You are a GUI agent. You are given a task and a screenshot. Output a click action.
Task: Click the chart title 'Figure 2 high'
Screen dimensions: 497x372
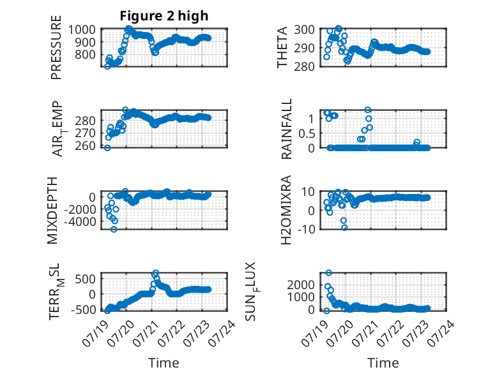[x=164, y=16]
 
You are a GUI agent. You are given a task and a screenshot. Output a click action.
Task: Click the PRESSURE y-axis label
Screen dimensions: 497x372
[x=56, y=47]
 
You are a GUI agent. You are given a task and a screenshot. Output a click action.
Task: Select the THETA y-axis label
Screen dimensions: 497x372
[x=282, y=47]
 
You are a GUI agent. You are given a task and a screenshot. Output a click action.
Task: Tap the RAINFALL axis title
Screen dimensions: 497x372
[x=286, y=129]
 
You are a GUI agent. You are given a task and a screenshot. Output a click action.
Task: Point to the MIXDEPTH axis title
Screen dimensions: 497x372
[x=52, y=210]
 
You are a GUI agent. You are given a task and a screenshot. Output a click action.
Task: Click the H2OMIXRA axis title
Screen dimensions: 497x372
[x=286, y=210]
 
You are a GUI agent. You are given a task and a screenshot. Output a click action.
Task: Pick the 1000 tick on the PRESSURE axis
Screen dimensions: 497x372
[x=82, y=29]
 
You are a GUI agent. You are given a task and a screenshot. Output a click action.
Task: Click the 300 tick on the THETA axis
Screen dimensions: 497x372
[x=304, y=29]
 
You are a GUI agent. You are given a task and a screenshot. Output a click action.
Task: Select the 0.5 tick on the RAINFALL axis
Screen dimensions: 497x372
[x=307, y=133]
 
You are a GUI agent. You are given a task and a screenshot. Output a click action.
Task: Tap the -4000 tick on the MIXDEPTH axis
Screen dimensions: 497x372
[x=80, y=221]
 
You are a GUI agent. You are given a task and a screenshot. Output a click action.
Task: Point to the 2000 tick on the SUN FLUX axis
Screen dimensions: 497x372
[x=301, y=285]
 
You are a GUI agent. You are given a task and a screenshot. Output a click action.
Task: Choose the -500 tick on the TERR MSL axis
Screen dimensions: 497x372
[x=83, y=309]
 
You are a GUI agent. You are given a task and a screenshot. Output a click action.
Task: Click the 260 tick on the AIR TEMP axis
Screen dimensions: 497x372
[x=85, y=145]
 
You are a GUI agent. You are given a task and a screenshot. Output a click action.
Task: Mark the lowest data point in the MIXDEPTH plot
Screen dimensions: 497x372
[x=114, y=229]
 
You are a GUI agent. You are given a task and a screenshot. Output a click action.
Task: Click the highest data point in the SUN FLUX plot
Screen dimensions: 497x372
[x=329, y=272]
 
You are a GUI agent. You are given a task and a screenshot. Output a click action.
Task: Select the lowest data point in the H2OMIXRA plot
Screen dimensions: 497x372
[x=344, y=227]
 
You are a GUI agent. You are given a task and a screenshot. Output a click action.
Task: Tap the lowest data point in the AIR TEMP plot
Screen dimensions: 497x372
[x=107, y=148]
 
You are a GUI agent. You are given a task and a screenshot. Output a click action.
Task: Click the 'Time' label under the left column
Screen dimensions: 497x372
[x=164, y=362]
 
